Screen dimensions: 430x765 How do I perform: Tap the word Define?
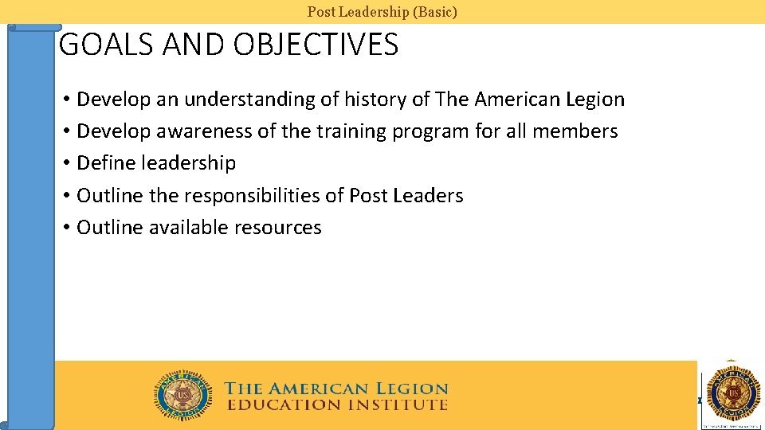click(106, 163)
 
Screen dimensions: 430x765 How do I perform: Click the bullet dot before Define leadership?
click(67, 164)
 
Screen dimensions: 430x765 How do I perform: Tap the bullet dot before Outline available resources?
click(67, 229)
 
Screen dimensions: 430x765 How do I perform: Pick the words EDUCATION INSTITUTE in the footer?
click(337, 405)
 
